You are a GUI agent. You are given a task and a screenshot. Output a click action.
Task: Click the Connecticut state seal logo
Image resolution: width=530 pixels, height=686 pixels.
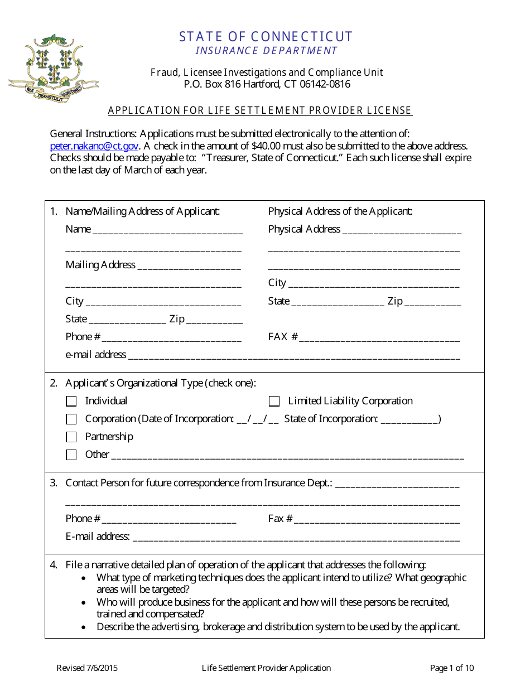53,66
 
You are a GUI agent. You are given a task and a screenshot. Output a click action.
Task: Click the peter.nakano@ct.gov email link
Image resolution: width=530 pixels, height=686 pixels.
94,146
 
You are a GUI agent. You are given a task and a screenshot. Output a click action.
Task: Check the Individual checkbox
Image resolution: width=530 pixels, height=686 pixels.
71,401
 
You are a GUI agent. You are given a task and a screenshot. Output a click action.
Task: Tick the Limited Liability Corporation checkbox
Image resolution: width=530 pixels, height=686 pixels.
274,401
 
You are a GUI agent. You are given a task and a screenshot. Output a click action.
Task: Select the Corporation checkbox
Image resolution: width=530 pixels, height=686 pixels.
71,419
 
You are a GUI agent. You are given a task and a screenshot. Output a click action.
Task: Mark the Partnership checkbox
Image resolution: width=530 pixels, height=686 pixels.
71,437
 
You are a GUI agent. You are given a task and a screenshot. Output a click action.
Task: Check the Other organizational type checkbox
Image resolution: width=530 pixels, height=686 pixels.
71,455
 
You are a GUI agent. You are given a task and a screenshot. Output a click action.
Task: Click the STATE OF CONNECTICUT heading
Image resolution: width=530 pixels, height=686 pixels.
266,37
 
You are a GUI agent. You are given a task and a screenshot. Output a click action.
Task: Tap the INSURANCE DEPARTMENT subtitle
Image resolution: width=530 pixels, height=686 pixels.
266,51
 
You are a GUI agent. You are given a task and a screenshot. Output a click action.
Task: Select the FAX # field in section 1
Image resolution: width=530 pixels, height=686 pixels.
379,338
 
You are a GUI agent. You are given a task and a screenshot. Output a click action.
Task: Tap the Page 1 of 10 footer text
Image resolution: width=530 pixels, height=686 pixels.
452,668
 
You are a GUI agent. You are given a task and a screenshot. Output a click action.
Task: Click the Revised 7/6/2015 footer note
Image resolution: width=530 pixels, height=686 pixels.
87,668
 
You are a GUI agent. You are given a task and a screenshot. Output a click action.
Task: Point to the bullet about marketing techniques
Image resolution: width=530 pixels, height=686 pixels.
281,583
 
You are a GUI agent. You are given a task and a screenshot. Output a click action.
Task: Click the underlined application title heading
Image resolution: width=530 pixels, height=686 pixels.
260,110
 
